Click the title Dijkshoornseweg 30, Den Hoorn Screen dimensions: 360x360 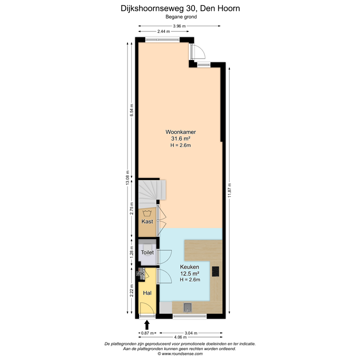180,8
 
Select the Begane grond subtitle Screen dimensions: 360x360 180,16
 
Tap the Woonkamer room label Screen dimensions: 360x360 180,132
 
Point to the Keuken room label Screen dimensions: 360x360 190,267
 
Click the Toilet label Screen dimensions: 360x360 148,253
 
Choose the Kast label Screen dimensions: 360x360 147,221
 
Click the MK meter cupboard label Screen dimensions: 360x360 140,274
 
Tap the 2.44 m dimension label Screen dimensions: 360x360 164,31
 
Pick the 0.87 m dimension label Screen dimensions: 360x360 147,333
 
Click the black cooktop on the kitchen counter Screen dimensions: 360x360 216,271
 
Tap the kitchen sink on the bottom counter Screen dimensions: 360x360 187,307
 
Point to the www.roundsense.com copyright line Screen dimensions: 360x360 180,354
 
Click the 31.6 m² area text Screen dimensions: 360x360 180,139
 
